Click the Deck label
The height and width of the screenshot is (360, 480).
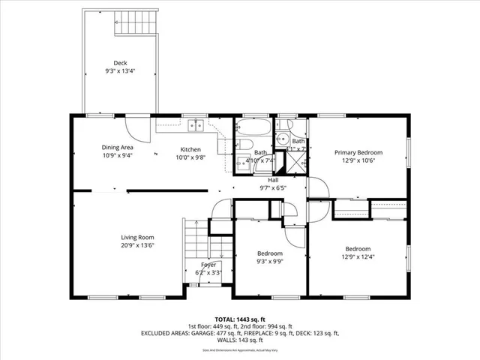pyautogui.click(x=120, y=63)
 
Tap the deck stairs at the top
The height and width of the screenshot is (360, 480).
pyautogui.click(x=139, y=22)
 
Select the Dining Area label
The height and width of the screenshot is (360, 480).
pyautogui.click(x=117, y=148)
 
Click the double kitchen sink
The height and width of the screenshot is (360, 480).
pyautogui.click(x=196, y=126)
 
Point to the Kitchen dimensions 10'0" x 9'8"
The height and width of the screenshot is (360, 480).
pyautogui.click(x=190, y=157)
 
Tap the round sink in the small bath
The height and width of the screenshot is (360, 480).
pyautogui.click(x=283, y=138)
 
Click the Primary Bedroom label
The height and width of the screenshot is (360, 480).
pyautogui.click(x=358, y=152)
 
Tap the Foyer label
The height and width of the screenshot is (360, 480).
pyautogui.click(x=208, y=265)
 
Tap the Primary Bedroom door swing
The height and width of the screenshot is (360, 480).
pyautogui.click(x=316, y=187)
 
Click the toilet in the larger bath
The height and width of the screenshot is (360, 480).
pyautogui.click(x=246, y=147)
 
